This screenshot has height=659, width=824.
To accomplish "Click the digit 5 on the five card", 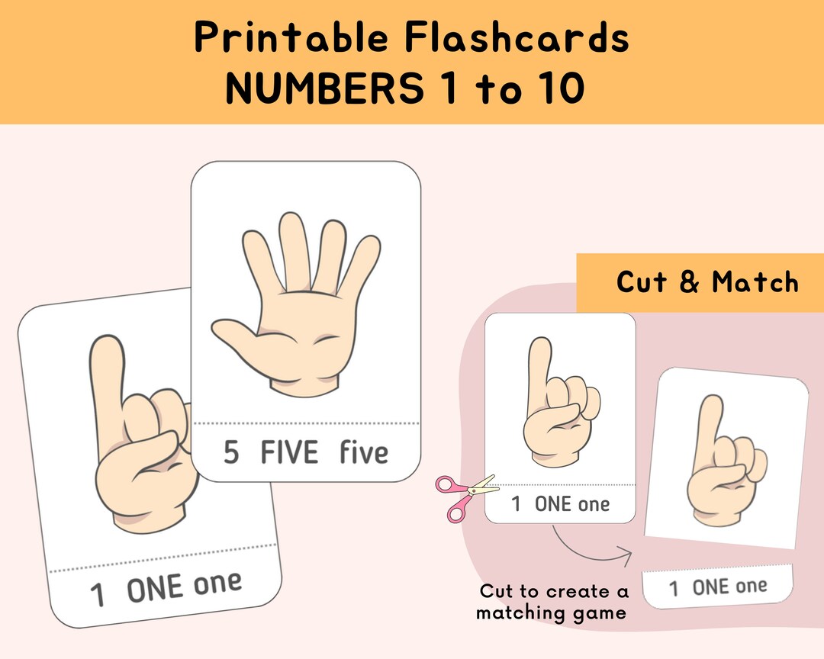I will click(x=231, y=453).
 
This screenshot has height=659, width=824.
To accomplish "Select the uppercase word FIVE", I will click(x=289, y=453).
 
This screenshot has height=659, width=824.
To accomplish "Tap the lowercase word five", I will click(x=364, y=453).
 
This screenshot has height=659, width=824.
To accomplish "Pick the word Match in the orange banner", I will click(x=755, y=282).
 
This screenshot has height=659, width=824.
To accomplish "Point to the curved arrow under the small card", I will click(x=591, y=551).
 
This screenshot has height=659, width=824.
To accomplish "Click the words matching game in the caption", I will click(x=551, y=612).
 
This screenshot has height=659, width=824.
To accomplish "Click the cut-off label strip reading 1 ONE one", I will click(x=718, y=587).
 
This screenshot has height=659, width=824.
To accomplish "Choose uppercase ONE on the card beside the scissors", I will click(x=553, y=504).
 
